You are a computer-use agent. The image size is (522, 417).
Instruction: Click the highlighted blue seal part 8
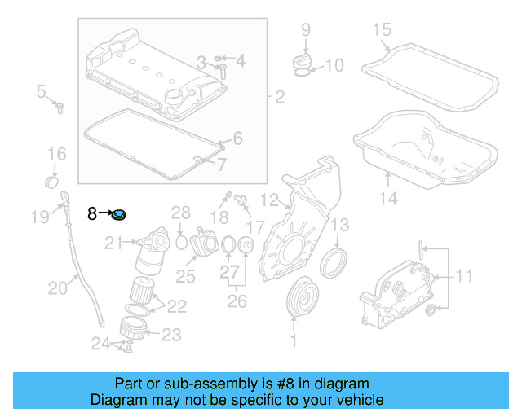click(x=120, y=215)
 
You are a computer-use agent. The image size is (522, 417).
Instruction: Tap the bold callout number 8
click(x=93, y=213)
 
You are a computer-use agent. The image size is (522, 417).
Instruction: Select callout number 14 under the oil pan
click(x=388, y=198)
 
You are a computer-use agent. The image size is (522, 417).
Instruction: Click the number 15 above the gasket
click(x=382, y=32)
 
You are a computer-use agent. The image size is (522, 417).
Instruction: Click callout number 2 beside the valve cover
click(x=279, y=98)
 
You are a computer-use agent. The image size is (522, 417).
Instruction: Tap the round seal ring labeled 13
click(x=333, y=263)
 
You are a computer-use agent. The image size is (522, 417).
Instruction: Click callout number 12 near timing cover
click(x=270, y=198)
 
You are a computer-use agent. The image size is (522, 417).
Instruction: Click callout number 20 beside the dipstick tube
click(x=57, y=287)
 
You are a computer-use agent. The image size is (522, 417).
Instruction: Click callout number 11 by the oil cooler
click(x=463, y=277)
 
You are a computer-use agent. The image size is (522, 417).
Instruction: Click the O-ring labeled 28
click(x=181, y=242)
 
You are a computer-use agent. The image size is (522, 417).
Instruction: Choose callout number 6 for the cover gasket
click(x=237, y=139)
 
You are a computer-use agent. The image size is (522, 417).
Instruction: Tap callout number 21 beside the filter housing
click(x=113, y=241)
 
